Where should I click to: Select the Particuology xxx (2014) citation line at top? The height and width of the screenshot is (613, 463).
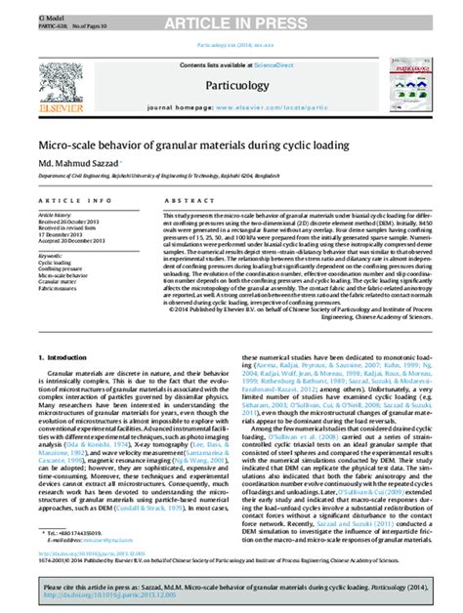(x=231, y=45)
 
